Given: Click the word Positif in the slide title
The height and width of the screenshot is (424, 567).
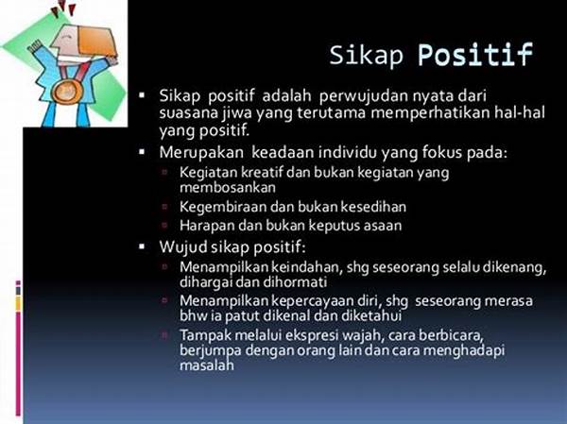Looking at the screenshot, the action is click(x=475, y=55).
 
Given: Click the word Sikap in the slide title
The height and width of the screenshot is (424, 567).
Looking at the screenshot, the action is click(x=366, y=55).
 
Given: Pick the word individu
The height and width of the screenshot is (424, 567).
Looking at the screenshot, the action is click(x=348, y=153).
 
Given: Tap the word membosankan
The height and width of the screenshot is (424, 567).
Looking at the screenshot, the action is click(x=228, y=187).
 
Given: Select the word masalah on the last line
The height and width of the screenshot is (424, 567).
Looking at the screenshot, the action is click(x=207, y=365).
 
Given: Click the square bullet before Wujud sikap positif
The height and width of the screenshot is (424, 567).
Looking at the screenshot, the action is click(x=142, y=246).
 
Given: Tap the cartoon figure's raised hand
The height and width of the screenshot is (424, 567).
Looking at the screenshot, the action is click(x=36, y=47).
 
